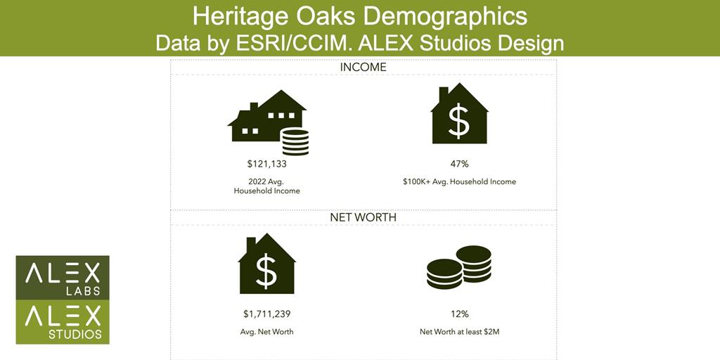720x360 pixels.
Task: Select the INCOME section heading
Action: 364,67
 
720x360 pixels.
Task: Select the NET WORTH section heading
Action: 363,218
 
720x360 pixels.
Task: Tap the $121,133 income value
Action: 267,163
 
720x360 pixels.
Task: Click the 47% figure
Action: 459,163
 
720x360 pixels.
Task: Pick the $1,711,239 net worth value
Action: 266,314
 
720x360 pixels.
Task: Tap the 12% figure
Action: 459,314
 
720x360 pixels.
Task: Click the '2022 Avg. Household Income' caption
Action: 266,186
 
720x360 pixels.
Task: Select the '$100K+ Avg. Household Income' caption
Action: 459,182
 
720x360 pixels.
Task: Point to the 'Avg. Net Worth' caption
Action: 266,332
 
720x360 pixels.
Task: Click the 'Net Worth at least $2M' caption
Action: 459,332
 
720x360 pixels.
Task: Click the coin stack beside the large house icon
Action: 295,142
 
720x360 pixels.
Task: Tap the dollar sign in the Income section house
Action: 458,120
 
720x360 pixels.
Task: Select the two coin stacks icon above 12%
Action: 458,267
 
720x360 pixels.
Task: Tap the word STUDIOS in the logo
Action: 75,334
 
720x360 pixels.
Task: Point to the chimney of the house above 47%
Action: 444,94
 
